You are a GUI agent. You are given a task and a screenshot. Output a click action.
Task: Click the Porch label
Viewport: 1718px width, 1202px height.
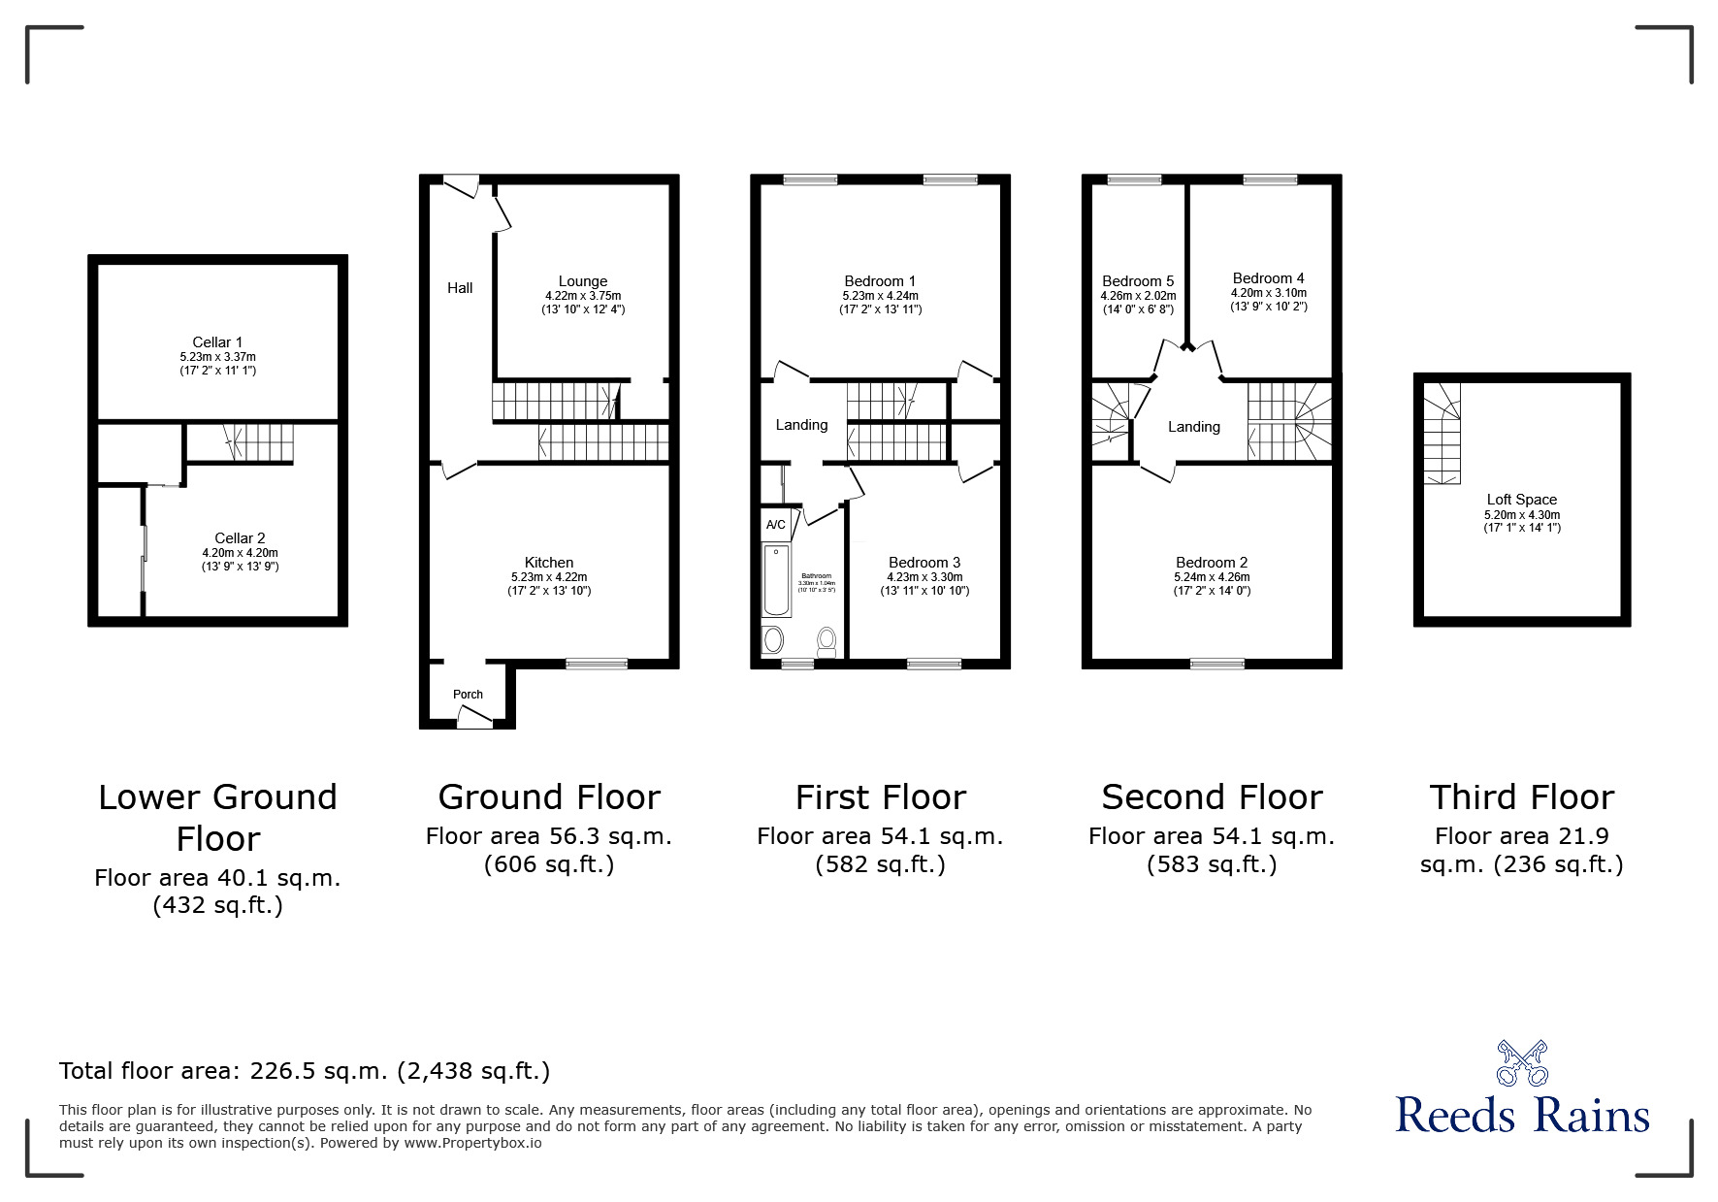click(x=468, y=694)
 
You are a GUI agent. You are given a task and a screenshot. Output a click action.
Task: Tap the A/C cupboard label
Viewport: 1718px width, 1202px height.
click(x=775, y=525)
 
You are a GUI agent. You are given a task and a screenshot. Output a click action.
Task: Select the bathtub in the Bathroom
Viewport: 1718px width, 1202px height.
click(x=777, y=580)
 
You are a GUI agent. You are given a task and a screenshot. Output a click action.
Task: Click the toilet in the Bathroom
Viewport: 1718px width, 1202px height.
click(x=827, y=640)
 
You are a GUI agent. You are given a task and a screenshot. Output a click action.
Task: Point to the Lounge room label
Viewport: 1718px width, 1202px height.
click(x=583, y=281)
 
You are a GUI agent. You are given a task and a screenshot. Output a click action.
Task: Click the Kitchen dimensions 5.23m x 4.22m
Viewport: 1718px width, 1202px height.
click(x=549, y=576)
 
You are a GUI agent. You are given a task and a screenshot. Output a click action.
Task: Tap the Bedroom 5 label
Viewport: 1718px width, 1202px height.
click(x=1138, y=281)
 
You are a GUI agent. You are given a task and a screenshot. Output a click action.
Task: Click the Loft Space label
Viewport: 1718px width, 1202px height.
click(x=1521, y=500)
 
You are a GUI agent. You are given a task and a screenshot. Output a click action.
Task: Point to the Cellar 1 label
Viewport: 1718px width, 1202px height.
click(x=217, y=342)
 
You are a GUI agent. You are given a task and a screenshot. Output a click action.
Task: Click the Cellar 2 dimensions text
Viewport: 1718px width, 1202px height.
click(x=240, y=553)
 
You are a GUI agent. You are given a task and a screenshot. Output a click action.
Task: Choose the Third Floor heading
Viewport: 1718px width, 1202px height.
click(x=1521, y=797)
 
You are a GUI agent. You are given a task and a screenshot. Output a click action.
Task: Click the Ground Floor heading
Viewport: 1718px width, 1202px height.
click(x=549, y=797)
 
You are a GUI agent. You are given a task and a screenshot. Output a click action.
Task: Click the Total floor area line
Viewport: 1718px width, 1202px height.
click(x=305, y=1071)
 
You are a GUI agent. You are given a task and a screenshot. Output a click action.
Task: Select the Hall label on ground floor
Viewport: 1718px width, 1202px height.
click(x=460, y=288)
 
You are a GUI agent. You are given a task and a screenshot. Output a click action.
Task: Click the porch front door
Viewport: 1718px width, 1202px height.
click(x=473, y=718)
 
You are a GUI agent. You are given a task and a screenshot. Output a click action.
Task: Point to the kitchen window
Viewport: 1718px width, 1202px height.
click(x=597, y=664)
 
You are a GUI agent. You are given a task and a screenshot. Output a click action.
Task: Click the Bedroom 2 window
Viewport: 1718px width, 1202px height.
click(x=1216, y=664)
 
